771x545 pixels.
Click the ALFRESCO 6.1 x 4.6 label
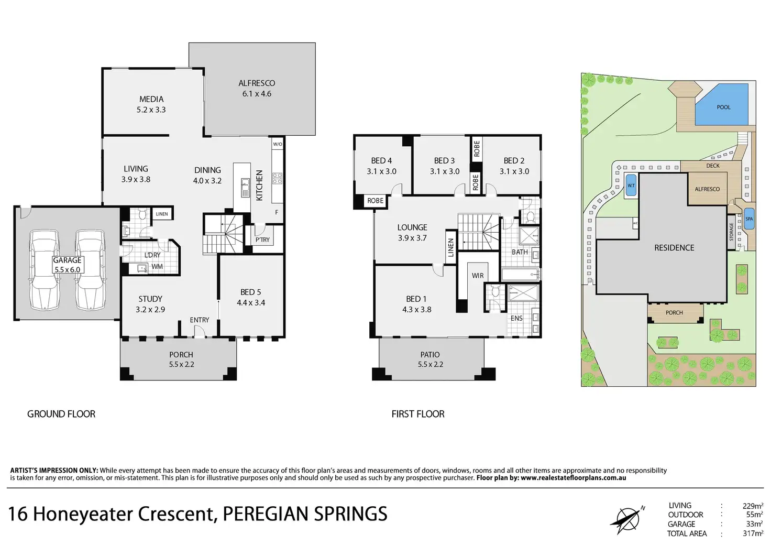[257, 89]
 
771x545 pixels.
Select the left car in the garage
[45, 269]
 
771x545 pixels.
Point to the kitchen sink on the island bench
[245, 188]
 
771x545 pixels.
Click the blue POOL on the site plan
[722, 105]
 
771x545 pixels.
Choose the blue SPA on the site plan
[749, 219]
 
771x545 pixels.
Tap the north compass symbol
[627, 519]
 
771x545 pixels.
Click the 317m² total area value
[753, 533]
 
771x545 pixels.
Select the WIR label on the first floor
[477, 276]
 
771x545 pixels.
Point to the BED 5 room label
[250, 298]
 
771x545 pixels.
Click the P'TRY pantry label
[262, 239]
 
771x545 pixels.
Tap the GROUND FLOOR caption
[61, 414]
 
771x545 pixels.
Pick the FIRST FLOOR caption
[418, 414]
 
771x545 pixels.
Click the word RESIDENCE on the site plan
[674, 247]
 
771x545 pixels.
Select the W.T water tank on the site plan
[631, 186]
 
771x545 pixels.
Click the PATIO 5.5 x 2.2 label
[430, 359]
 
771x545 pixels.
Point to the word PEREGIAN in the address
[266, 514]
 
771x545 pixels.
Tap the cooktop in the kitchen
[277, 178]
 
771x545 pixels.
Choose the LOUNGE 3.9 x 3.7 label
[412, 232]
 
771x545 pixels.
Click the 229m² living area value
[753, 506]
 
